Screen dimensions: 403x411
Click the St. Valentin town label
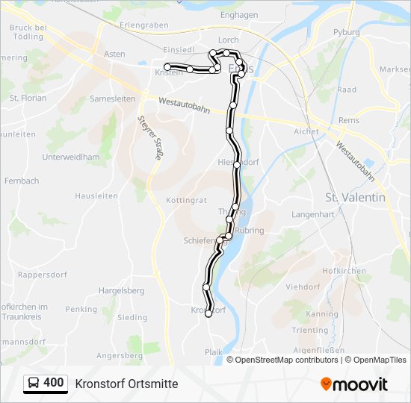coord(356,197)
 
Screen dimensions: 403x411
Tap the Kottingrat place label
coord(186,201)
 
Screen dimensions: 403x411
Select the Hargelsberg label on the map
coord(122,290)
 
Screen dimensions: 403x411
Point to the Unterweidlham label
coord(71,157)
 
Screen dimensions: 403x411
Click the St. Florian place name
coord(28,98)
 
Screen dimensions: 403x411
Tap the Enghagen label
coord(239,15)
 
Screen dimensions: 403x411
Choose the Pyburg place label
coord(346,33)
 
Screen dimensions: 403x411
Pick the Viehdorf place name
coord(303,286)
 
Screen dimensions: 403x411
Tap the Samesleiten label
coord(112,99)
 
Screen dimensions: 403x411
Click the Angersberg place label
coord(120,356)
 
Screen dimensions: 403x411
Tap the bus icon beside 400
coord(34,384)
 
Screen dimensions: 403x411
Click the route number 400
coord(54,383)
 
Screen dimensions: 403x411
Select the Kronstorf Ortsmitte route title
coord(126,384)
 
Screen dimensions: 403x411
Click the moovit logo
coord(354,384)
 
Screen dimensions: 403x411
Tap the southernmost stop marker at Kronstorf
coord(208,313)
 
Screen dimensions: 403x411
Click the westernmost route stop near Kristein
coord(167,67)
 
